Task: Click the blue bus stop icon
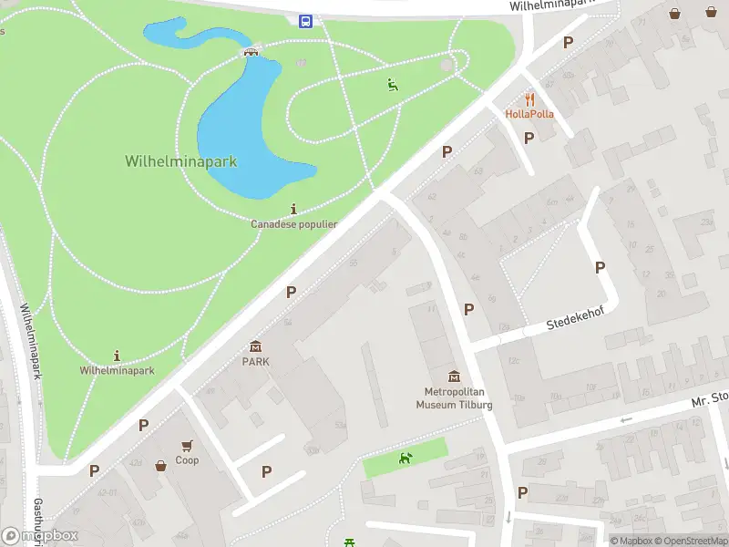point(305,20)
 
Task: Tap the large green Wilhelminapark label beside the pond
point(180,161)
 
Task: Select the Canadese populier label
point(294,223)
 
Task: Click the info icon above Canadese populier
point(293,208)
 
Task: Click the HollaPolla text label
point(529,114)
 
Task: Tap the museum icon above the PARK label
point(255,346)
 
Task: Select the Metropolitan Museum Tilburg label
point(454,398)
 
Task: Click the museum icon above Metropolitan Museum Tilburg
point(454,376)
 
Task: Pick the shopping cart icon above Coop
point(187,445)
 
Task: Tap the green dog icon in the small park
point(406,458)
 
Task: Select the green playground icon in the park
point(393,85)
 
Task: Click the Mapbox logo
point(40,535)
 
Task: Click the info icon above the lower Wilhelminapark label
point(117,355)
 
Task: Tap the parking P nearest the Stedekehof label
point(600,267)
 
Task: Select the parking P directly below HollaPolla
point(529,138)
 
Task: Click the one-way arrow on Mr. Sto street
point(624,420)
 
